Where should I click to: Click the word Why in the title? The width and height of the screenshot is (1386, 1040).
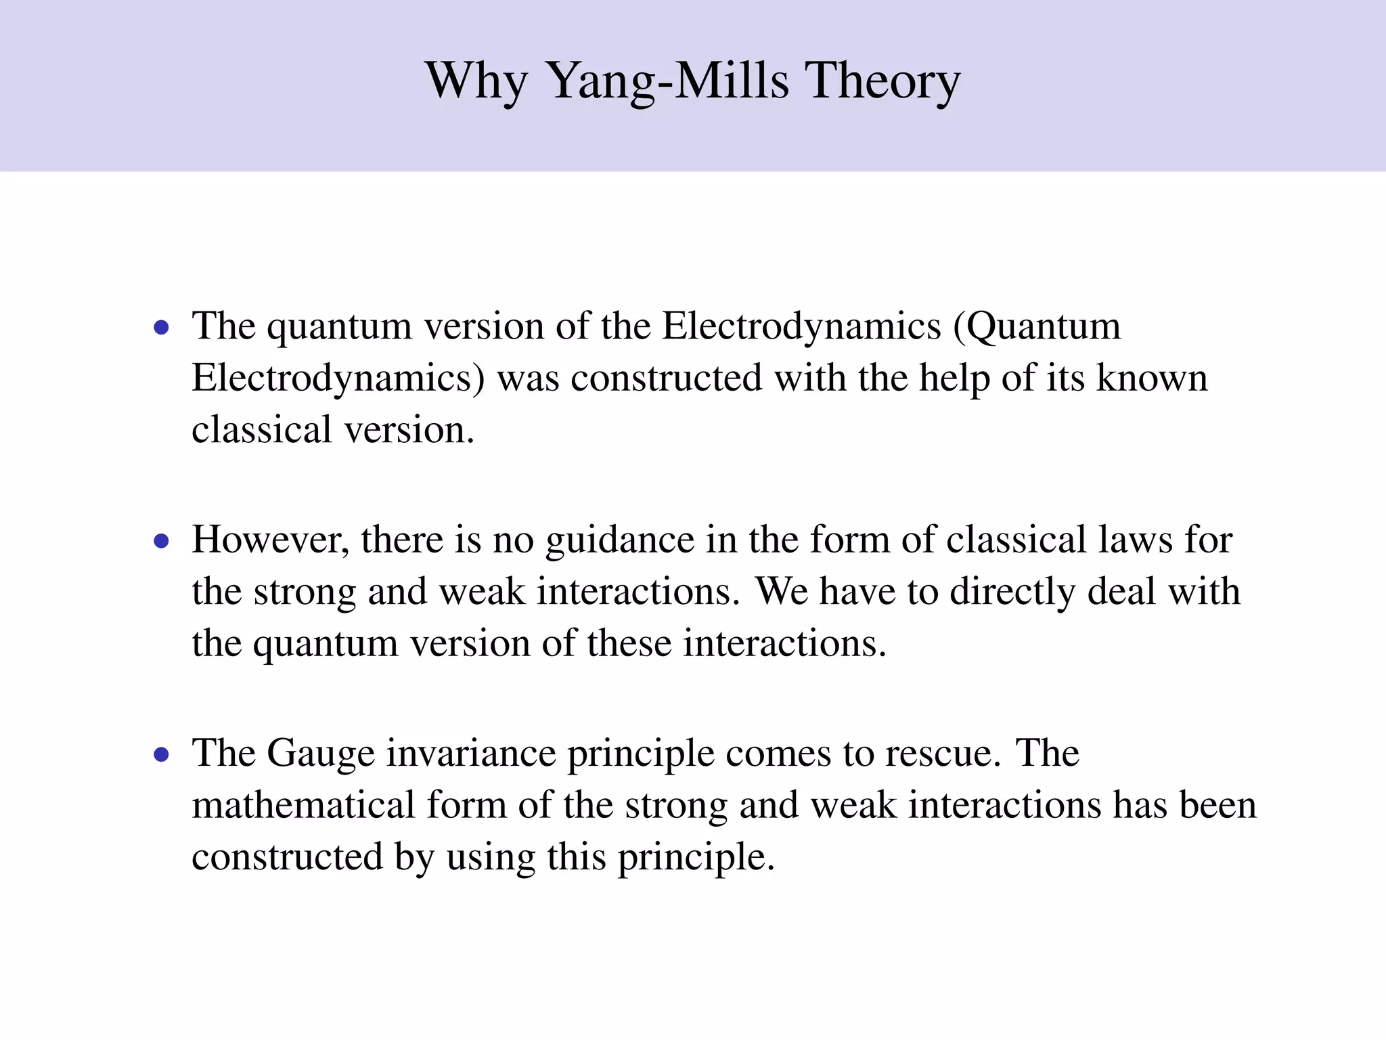click(x=476, y=81)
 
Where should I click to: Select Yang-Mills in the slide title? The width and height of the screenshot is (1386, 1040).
click(x=667, y=81)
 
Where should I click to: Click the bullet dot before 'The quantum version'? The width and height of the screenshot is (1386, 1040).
click(x=161, y=328)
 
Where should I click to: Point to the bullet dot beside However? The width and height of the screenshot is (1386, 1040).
click(x=161, y=541)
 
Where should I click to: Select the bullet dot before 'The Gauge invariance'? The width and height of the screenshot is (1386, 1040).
click(x=161, y=754)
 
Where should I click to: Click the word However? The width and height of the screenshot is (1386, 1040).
click(x=270, y=540)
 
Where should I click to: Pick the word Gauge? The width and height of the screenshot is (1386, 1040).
click(x=320, y=753)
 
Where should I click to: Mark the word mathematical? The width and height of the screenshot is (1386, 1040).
click(x=303, y=805)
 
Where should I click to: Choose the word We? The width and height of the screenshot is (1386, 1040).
click(x=782, y=591)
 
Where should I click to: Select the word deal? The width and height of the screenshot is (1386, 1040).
click(x=1121, y=591)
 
